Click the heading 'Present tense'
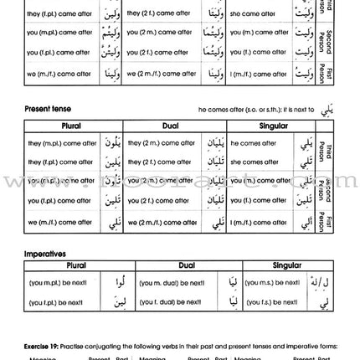coord(48,109)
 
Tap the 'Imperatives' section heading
coord(44,252)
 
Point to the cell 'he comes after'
coord(253,143)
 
